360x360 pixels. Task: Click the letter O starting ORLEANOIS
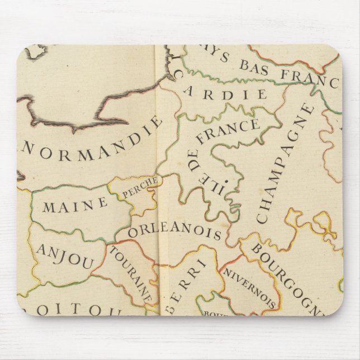click(132, 231)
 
